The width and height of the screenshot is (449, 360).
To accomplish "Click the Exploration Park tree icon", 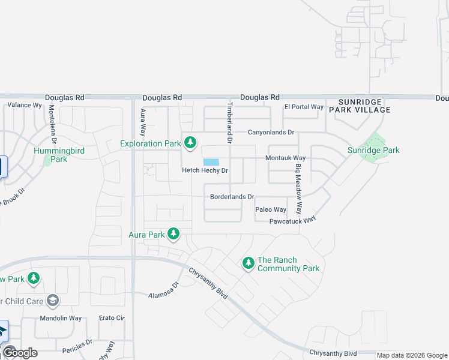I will point(190,143).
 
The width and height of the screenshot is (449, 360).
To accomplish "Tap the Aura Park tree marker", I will point(173,233).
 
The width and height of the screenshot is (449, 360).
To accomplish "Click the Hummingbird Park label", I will point(59,155).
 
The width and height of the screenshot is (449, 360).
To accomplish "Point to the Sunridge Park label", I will point(373,150).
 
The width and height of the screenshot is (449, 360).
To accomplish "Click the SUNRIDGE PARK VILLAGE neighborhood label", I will point(364,106).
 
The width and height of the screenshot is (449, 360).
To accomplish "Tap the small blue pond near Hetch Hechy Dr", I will point(211,162).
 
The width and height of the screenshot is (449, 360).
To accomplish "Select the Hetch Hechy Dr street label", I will point(206,171).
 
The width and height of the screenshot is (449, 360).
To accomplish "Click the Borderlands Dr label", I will point(232,197).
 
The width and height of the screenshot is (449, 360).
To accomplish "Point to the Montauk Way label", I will point(286,158).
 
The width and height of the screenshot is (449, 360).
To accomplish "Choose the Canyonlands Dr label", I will point(272,132).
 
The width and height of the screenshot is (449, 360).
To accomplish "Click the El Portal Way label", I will point(304,107).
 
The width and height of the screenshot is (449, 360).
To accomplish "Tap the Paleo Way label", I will point(271,209).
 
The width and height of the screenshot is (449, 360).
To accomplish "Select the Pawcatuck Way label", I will point(293,220).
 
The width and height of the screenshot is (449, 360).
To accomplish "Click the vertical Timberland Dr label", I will point(229,122).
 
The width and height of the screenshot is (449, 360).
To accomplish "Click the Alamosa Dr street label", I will point(164,292).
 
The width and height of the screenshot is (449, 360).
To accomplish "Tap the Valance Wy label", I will point(24,105).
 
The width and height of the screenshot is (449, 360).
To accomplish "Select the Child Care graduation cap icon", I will point(53,300).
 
